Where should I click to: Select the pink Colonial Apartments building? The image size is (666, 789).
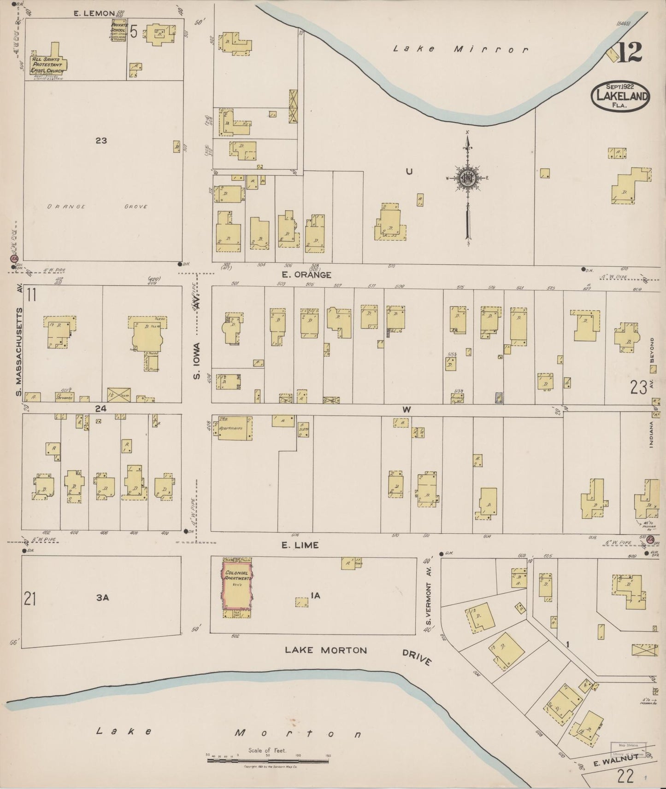(237, 585)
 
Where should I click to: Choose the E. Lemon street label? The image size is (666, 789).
(94, 13)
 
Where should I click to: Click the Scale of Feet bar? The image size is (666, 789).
(267, 761)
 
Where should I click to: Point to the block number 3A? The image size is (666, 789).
(102, 598)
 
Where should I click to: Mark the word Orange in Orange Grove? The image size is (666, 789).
(66, 207)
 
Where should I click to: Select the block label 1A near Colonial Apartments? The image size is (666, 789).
(315, 596)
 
